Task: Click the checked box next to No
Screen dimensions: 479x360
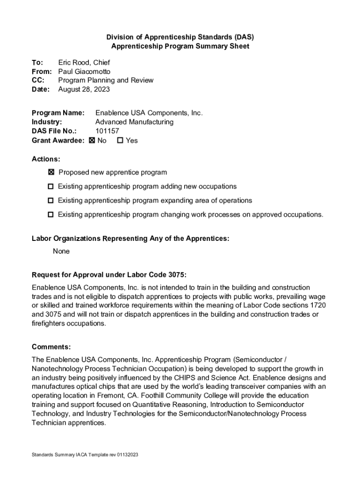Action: coord(92,140)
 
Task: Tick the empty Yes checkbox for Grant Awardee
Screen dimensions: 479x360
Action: coord(120,140)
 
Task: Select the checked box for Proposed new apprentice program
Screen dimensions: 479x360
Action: coord(51,173)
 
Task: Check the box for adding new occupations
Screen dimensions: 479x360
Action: coord(50,187)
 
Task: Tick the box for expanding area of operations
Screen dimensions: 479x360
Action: coord(50,201)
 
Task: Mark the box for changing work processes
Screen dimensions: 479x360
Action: coord(50,215)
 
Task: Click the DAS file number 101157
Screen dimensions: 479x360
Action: coord(107,131)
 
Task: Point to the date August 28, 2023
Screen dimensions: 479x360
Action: coord(84,89)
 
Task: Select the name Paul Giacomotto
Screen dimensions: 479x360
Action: coord(84,72)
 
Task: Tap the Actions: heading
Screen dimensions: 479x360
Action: coord(46,159)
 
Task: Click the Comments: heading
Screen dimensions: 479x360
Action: coord(51,347)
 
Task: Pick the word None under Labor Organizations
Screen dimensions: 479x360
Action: coord(61,251)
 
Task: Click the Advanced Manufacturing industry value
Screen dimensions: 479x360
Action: coord(134,122)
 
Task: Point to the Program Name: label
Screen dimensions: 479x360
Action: coord(58,113)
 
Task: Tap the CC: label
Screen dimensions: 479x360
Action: coord(38,80)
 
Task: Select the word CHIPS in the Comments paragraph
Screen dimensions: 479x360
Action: coord(199,377)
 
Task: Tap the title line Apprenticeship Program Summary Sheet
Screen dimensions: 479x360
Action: coord(180,46)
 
